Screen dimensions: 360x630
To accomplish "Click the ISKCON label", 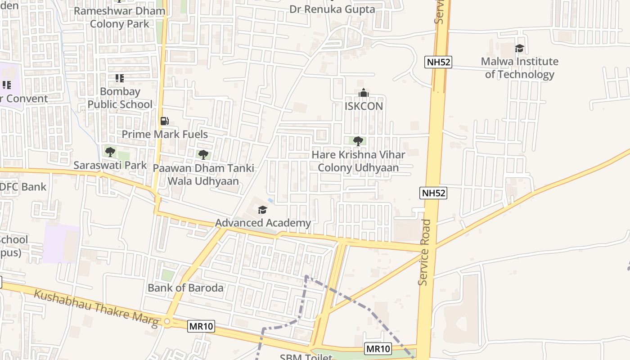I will pos(364,106).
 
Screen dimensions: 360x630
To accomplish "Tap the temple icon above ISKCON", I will pos(363,93).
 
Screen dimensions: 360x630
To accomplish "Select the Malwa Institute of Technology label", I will pos(519,68).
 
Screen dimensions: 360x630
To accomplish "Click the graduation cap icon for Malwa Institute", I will pos(519,48).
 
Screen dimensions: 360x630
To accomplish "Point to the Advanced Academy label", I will pos(263,223).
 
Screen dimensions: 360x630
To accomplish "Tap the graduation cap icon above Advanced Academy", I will pos(262,210).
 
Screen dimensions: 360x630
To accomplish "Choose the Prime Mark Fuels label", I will pos(165,134).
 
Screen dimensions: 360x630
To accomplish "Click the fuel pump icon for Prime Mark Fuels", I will pos(165,121).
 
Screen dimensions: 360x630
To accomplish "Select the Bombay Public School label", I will pos(120,98).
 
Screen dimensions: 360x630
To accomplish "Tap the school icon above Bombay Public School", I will pos(119,78).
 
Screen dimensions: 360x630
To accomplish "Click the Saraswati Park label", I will pos(110,165).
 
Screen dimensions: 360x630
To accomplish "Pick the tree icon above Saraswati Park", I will pos(110,152).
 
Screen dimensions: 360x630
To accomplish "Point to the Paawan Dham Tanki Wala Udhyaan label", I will pos(203,175).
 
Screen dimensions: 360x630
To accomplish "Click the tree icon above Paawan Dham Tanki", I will pos(203,155).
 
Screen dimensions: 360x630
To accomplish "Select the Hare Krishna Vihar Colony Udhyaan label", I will pos(358,161).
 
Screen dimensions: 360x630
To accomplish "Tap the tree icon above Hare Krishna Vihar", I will pos(358,141).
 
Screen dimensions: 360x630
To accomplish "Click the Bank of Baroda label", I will pos(185,288).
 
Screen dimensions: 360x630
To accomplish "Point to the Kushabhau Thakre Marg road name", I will pos(96,308).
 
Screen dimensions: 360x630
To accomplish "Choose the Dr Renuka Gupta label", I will pos(332,9).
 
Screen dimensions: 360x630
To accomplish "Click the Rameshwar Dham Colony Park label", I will pos(120,17).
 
